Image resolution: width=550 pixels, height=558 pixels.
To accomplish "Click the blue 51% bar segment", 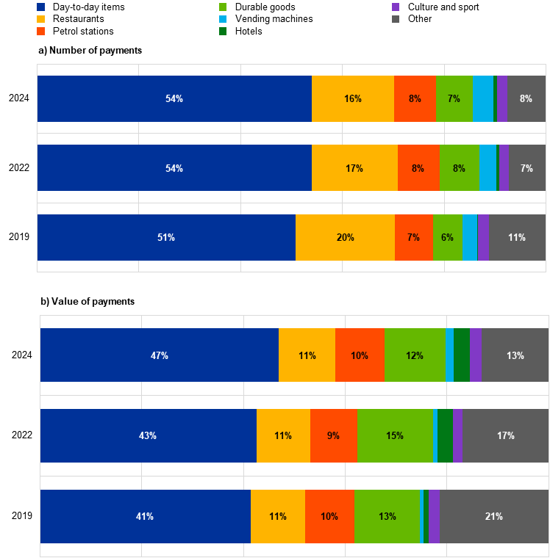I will [166, 237].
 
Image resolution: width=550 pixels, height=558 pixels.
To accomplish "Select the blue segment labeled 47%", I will [160, 355].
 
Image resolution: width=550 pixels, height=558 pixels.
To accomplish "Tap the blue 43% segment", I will [148, 435].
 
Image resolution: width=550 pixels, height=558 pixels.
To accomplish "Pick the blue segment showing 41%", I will [145, 516].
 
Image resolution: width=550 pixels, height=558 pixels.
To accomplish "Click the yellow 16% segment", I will [353, 98].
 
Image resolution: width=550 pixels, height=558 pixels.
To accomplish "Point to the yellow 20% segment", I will [345, 237].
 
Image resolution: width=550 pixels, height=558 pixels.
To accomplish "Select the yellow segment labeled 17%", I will [354, 168].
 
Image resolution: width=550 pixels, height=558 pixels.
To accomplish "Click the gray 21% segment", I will [493, 516].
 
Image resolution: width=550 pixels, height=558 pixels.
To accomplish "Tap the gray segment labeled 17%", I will [505, 435].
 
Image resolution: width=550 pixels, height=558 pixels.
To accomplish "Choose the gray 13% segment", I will [515, 355].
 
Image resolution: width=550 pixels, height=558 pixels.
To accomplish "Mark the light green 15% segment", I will [395, 435].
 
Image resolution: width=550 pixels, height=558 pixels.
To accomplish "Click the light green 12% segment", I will [415, 355].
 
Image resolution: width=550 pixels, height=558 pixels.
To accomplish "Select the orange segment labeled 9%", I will [333, 435].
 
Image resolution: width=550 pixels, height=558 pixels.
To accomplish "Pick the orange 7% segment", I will [413, 237].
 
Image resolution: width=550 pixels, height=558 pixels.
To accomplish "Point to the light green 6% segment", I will [447, 237].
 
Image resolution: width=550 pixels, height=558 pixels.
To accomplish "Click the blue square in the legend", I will [40, 7].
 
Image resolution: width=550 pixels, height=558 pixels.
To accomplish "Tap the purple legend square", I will [396, 7].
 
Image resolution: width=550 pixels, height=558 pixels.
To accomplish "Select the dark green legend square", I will [223, 31].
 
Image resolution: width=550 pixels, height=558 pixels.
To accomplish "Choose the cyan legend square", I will [223, 19].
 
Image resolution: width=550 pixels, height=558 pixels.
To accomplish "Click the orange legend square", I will [40, 31].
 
